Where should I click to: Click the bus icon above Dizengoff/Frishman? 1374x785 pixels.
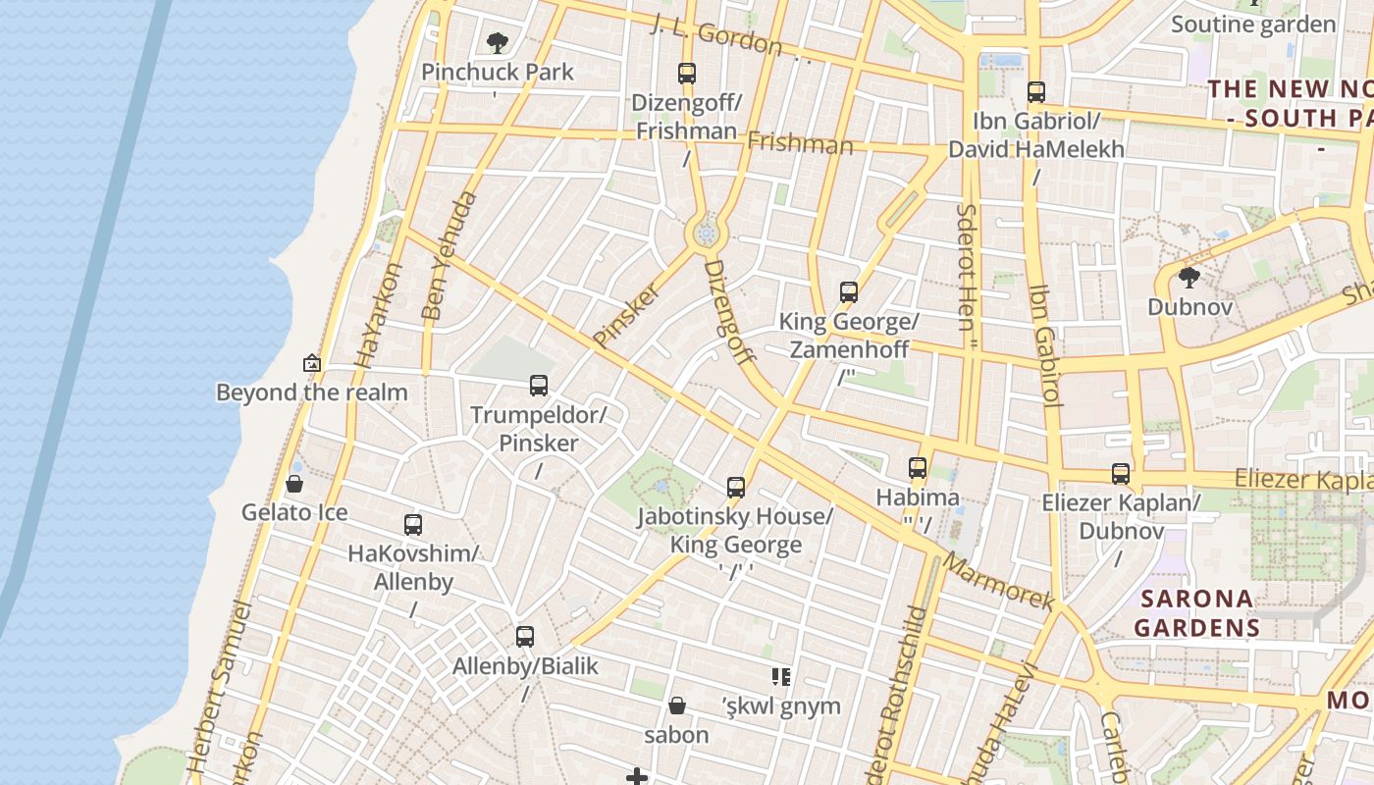[x=687, y=73]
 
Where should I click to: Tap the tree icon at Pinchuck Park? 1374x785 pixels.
[x=498, y=42]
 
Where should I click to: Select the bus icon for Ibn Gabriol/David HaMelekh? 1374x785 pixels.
[x=1036, y=92]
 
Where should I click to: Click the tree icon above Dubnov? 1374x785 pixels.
[x=1189, y=278]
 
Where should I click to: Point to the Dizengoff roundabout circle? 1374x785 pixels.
[x=705, y=234]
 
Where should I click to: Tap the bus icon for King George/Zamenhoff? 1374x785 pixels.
[x=849, y=291]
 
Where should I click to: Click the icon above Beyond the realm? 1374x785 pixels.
[x=312, y=363]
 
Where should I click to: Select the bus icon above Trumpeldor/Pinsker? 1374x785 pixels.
[x=539, y=385]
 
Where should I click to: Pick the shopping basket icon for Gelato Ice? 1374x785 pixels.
[x=293, y=484]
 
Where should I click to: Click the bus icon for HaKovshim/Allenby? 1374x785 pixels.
[x=413, y=525]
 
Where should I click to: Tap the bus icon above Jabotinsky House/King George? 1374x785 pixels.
[x=736, y=487]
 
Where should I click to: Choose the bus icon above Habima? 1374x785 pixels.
[x=918, y=468]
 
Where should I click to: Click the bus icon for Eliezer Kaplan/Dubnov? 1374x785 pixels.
[x=1121, y=474]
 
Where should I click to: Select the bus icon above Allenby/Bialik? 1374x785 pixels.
[x=525, y=636]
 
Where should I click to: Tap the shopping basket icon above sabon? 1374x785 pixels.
[x=676, y=706]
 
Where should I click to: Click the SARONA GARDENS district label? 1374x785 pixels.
[x=1196, y=613]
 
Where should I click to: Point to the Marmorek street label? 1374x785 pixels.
[x=999, y=582]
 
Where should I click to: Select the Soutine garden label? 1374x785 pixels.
[x=1253, y=25]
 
